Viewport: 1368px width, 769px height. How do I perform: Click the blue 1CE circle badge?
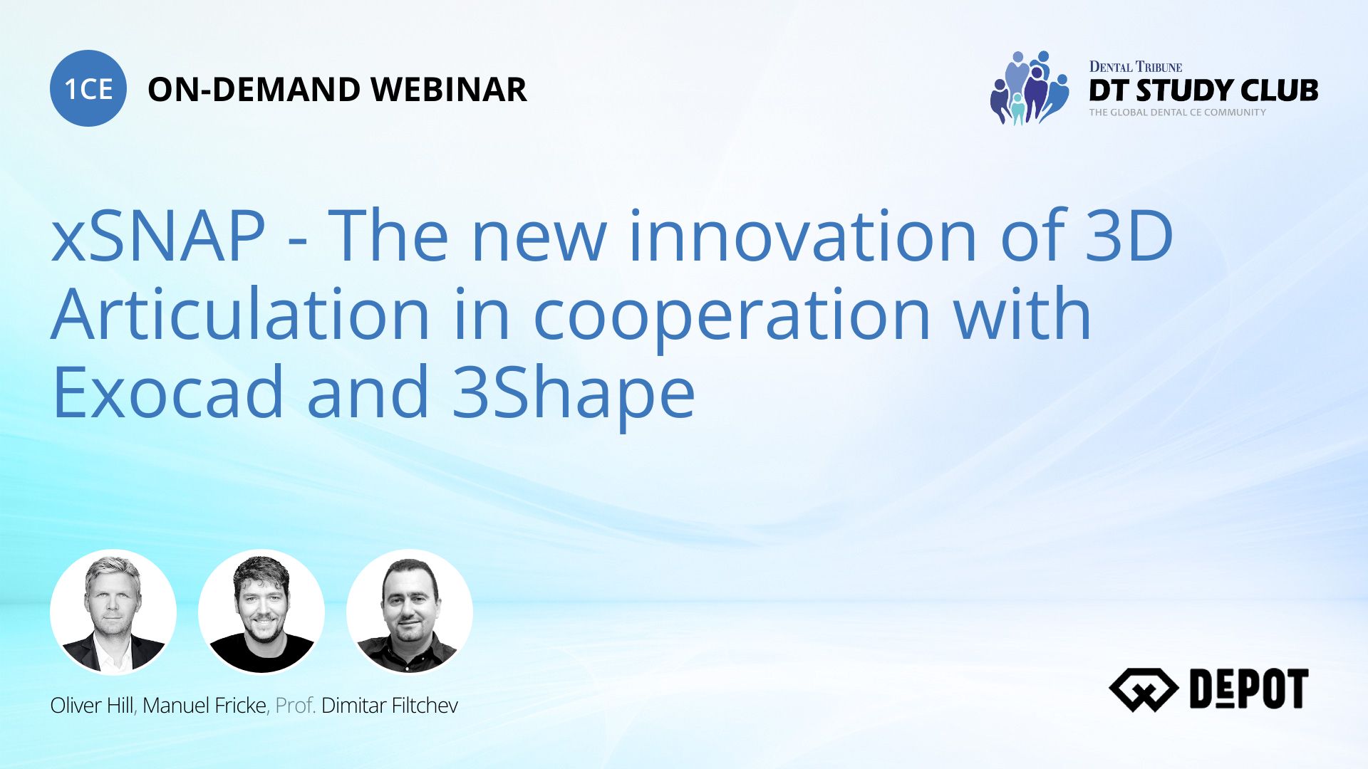(x=88, y=88)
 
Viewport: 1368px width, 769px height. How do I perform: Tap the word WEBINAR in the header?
(x=449, y=90)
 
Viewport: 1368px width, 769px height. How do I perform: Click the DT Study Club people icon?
(x=1029, y=88)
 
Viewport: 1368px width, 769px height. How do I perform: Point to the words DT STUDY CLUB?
(x=1203, y=90)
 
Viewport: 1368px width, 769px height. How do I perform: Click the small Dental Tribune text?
(x=1136, y=67)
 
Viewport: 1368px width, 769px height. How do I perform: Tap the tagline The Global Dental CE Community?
(x=1177, y=113)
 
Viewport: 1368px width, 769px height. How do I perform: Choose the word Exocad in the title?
(x=168, y=392)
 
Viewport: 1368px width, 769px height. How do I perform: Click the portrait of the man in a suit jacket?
(x=113, y=612)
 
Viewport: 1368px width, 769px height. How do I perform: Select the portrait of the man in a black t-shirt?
(x=261, y=612)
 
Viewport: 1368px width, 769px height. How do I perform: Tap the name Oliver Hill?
(x=92, y=706)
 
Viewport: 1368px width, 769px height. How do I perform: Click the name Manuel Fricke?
(x=204, y=706)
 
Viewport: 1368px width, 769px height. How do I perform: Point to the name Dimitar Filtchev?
(x=390, y=706)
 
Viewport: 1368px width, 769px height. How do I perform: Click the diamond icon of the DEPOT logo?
(x=1144, y=689)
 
